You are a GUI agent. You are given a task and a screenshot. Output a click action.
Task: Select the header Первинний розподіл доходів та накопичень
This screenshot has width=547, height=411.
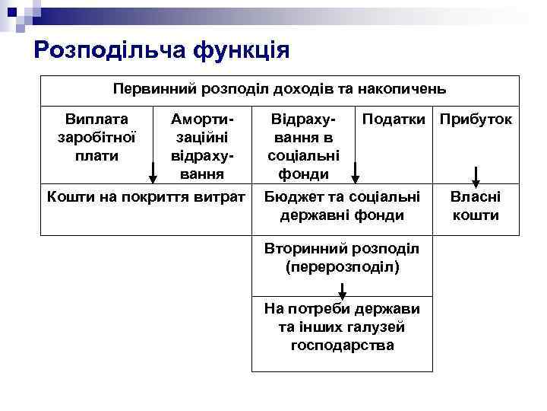pyautogui.click(x=279, y=89)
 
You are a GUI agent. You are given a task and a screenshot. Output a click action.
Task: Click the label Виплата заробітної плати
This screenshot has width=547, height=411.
pyautogui.click(x=96, y=137)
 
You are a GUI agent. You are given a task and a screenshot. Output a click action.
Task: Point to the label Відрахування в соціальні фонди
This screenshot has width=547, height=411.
pyautogui.click(x=303, y=147)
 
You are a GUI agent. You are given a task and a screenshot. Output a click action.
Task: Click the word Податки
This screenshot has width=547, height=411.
pyautogui.click(x=395, y=119)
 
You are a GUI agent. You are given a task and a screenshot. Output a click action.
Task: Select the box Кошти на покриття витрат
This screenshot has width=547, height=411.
pyautogui.click(x=146, y=197)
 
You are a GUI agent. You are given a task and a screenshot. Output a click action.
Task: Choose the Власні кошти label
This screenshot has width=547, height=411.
pyautogui.click(x=476, y=205)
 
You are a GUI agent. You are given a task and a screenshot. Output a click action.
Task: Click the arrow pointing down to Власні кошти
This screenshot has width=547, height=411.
pyautogui.click(x=476, y=176)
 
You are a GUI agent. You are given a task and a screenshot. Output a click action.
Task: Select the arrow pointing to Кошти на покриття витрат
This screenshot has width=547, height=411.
pyautogui.click(x=153, y=173)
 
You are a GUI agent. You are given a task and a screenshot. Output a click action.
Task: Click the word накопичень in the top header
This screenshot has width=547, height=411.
pyautogui.click(x=407, y=89)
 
